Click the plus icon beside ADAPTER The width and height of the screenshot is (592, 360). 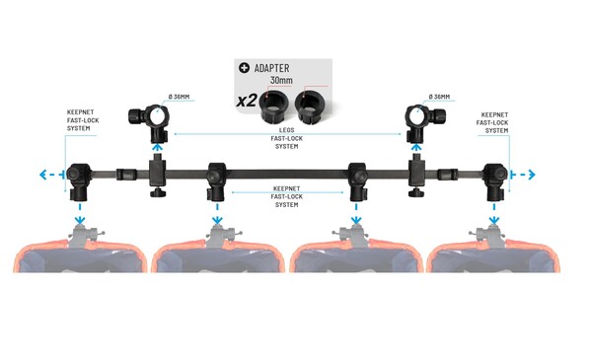tap(244, 67)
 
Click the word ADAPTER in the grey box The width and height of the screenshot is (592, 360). tap(273, 67)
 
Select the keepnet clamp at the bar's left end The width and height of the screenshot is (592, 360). tap(78, 179)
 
